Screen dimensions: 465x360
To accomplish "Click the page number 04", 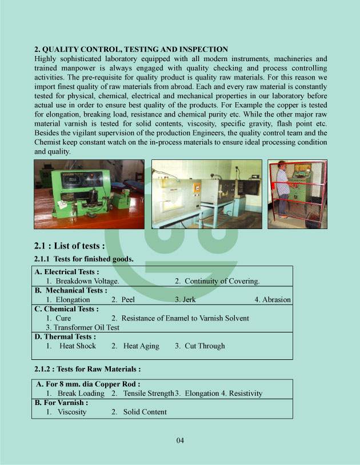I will tap(180, 440).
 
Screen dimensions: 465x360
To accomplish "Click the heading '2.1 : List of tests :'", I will tap(70, 246).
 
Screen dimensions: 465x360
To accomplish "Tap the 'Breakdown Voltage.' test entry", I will tap(87, 281).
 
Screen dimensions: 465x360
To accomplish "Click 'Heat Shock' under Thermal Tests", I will tap(78, 346).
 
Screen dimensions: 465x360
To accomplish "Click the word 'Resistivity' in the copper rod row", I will tap(246, 394).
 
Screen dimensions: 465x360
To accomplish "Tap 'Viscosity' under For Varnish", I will tap(72, 412).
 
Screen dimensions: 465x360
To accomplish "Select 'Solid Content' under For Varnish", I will tap(145, 412).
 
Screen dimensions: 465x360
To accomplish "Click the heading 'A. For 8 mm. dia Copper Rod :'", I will tap(88, 384).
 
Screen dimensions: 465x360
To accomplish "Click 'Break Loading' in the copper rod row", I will tap(81, 394).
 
